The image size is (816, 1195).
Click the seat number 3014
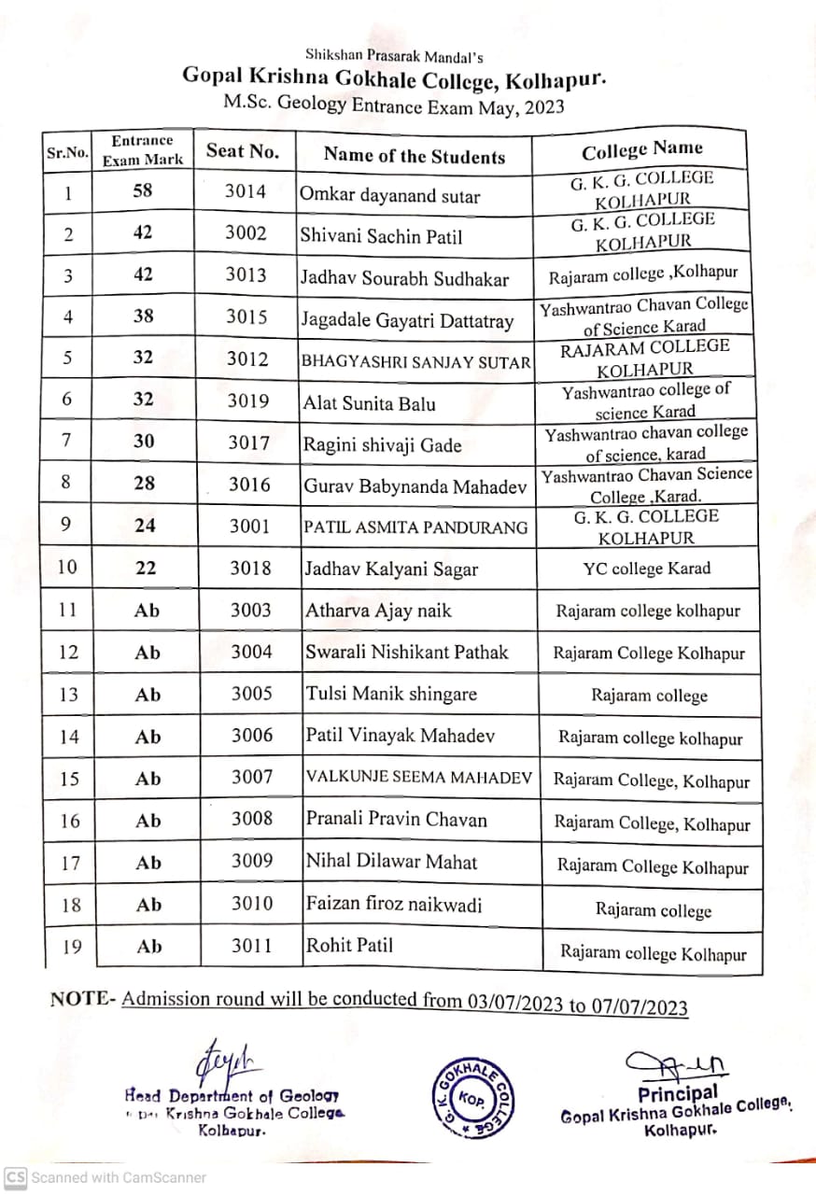(246, 191)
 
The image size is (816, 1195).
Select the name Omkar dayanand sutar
(389, 195)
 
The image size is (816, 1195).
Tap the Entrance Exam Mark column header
(142, 150)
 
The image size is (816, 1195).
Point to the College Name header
(642, 150)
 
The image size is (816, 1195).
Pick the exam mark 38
(144, 316)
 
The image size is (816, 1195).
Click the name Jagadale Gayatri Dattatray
(407, 321)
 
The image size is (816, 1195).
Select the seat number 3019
(247, 401)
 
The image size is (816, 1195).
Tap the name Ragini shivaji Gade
(382, 445)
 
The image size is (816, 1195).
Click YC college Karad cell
(646, 569)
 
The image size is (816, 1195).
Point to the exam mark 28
(144, 484)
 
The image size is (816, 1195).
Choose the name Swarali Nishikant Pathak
(406, 652)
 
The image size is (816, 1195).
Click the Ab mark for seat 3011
(149, 947)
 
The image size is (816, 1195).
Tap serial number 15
(70, 779)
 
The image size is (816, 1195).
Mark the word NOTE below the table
(79, 998)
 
